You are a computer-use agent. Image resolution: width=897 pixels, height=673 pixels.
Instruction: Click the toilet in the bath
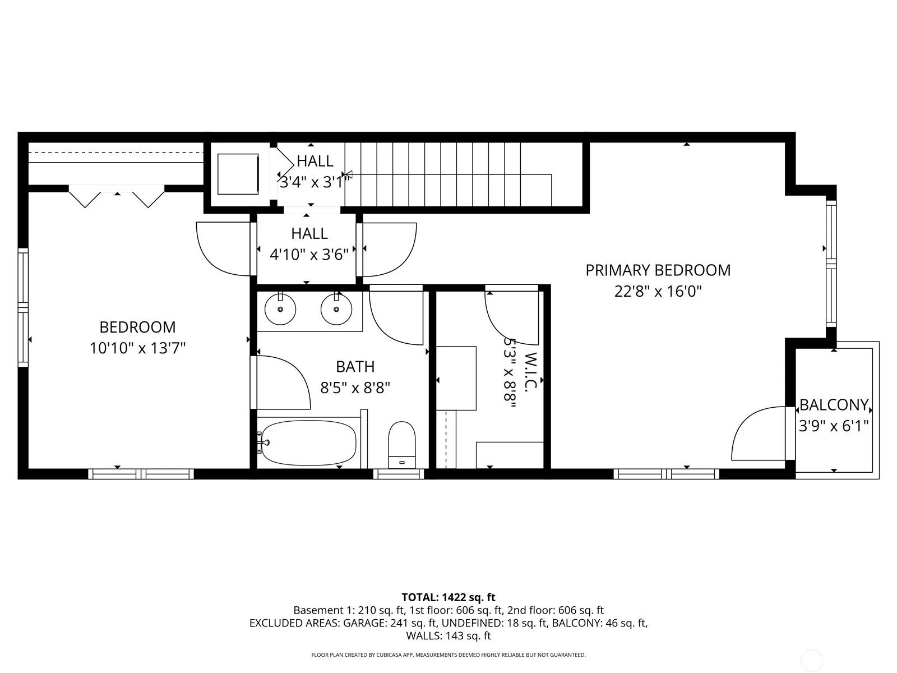click(402, 443)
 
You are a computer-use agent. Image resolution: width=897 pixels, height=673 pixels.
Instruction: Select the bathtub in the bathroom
click(308, 442)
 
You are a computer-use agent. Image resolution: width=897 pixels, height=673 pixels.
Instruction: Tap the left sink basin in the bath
click(280, 309)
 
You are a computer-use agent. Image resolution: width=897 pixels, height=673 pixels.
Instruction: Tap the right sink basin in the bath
click(336, 309)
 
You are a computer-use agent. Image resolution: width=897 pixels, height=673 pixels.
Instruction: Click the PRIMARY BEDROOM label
click(658, 270)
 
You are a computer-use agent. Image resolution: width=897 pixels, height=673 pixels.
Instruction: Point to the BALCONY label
click(834, 405)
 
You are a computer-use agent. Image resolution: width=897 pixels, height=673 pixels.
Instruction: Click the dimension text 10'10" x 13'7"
click(137, 348)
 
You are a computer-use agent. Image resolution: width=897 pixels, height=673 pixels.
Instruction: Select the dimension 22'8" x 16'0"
click(658, 292)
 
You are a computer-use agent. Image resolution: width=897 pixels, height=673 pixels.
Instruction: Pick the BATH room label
click(355, 367)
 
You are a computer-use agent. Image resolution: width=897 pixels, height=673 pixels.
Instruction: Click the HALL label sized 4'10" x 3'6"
click(309, 233)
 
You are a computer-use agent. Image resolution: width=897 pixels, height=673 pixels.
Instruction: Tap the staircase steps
click(449, 174)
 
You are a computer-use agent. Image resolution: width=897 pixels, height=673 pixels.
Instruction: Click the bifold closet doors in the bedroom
click(117, 197)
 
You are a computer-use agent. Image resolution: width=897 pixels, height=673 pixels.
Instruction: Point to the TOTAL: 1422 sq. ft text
click(448, 597)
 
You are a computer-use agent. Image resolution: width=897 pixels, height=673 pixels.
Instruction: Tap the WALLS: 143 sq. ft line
click(448, 636)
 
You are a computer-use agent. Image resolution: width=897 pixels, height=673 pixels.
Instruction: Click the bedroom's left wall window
click(23, 308)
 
